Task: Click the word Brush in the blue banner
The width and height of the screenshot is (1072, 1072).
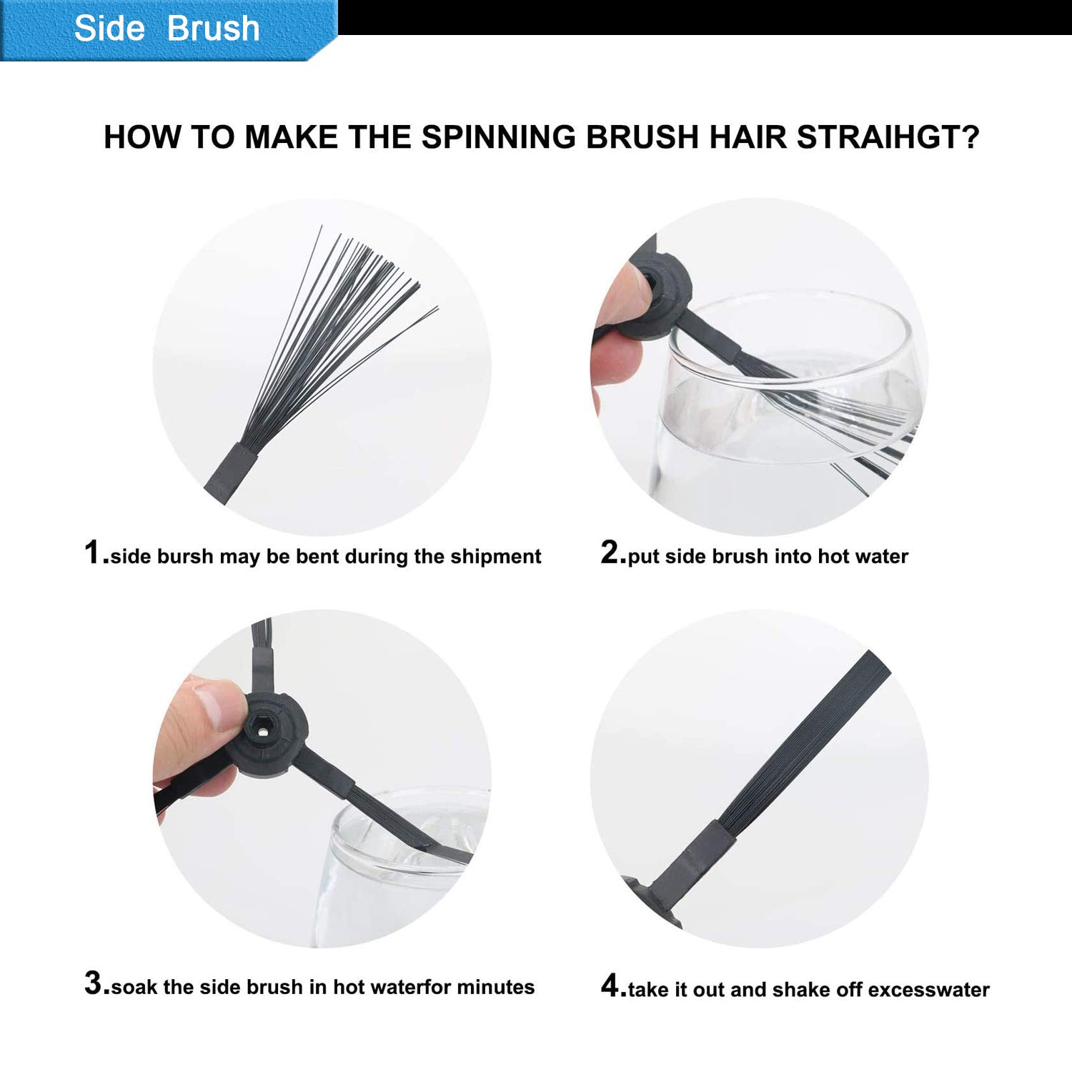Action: click(x=213, y=29)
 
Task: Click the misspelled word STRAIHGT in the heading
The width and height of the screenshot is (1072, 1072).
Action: click(x=888, y=137)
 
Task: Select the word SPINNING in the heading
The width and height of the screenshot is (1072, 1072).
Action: click(x=498, y=137)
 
